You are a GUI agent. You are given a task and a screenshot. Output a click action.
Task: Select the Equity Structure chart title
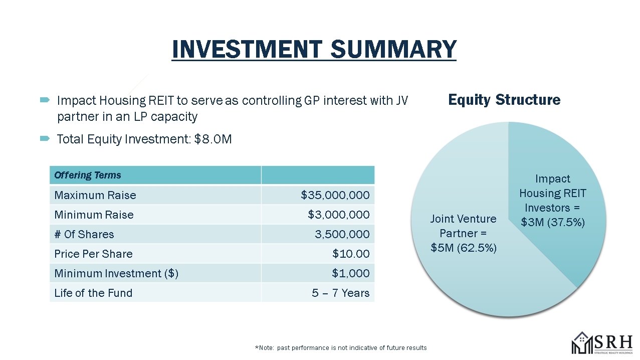(x=504, y=100)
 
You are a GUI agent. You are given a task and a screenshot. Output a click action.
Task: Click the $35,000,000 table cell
(x=335, y=195)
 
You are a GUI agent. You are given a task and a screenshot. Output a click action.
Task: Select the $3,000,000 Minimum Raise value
(x=338, y=215)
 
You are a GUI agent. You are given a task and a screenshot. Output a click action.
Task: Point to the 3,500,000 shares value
(x=342, y=234)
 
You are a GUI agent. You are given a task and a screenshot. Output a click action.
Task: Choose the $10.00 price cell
(x=351, y=254)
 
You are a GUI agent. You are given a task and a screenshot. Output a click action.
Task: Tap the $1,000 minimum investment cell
(x=351, y=273)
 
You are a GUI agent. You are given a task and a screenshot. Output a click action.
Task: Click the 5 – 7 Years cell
(x=340, y=293)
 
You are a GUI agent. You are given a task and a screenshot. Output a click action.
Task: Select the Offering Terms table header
(x=88, y=175)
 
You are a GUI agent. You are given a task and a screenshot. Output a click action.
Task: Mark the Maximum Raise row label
(x=95, y=195)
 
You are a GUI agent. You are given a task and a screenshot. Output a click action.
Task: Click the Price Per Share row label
(x=93, y=254)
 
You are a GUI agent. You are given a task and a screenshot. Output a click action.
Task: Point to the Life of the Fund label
(x=93, y=293)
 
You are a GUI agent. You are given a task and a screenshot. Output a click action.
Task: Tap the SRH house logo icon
(x=582, y=343)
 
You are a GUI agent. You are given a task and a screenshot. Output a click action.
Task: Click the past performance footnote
(x=341, y=348)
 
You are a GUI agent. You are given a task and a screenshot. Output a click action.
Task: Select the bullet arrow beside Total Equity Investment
(x=45, y=139)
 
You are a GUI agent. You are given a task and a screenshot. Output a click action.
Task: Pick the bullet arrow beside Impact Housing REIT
(x=45, y=100)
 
